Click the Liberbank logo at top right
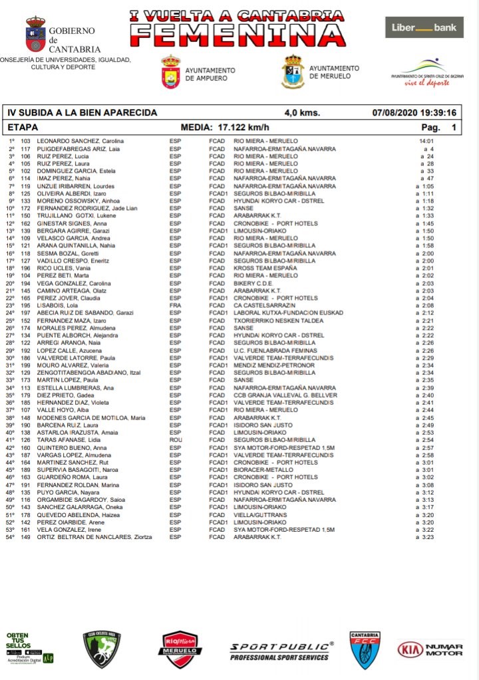coord(424,27)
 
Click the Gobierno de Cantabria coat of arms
coord(35,35)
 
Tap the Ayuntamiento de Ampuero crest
coord(170,72)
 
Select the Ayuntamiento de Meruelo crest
coord(293,71)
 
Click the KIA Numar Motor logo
coord(430,649)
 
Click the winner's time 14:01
coord(426,142)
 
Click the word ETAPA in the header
coord(23,126)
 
